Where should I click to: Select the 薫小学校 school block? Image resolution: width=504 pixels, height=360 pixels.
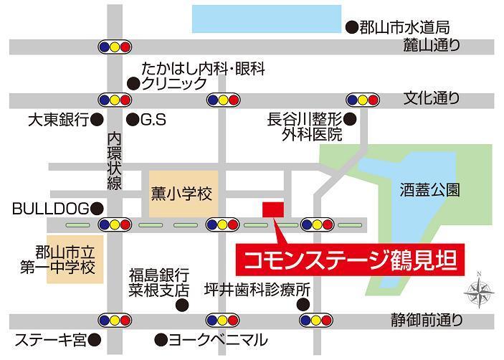182,194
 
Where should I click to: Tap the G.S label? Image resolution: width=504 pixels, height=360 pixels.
153,120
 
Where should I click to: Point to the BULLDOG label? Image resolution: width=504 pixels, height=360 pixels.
49,209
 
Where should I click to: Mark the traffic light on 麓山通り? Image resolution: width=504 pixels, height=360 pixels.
115,47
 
